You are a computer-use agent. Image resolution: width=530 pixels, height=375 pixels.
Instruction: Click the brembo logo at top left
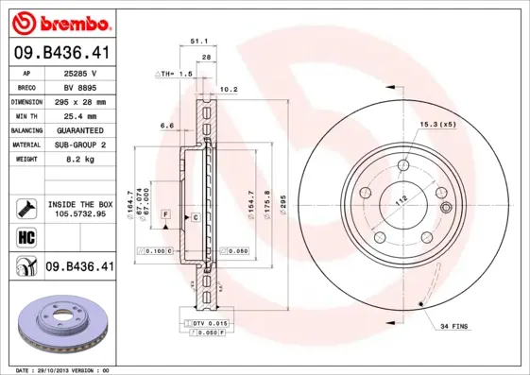(x=60, y=22)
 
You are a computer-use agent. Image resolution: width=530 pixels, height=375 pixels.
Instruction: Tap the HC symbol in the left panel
(x=26, y=237)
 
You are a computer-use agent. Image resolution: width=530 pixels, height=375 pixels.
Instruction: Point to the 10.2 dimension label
(x=228, y=91)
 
